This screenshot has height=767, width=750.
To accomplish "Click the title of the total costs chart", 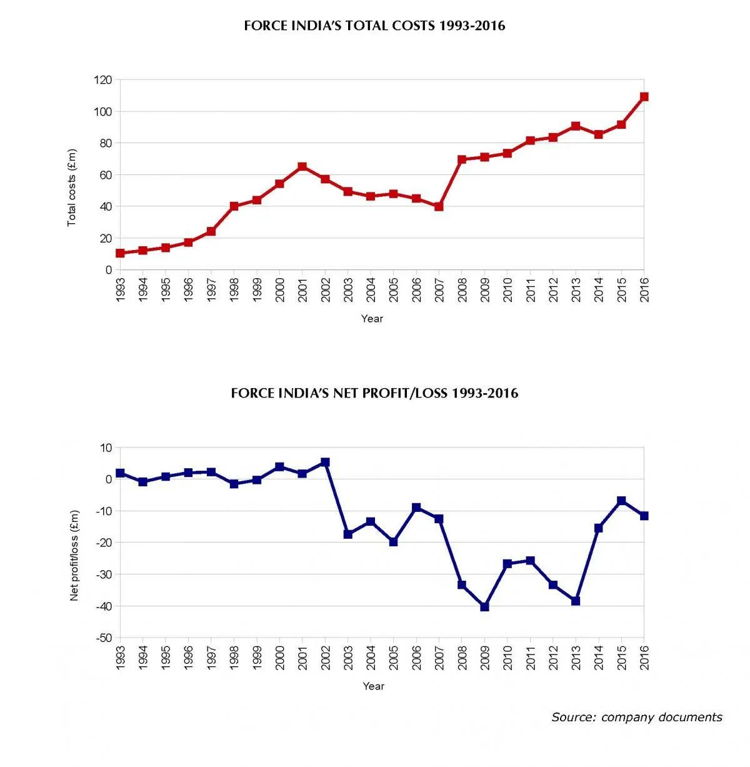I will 374,26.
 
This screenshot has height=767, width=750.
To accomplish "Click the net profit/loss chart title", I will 374,393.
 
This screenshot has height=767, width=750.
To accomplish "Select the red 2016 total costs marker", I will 644,97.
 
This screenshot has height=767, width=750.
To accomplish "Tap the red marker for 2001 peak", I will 302,167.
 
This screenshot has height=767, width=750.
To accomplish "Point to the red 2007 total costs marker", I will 439,206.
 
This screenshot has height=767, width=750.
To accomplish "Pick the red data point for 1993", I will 120,253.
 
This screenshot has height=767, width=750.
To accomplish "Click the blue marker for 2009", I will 484,607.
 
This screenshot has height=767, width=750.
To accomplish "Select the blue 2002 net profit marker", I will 325,463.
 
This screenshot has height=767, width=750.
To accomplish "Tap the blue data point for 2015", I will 621,501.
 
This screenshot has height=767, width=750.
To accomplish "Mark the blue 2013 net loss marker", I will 576,601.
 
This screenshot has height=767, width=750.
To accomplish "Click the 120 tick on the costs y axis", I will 103,80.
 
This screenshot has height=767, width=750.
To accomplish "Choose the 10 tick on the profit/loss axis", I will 106,448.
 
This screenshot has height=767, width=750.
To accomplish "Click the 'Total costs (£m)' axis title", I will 72,188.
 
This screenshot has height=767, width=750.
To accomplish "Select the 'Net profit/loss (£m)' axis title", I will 74,556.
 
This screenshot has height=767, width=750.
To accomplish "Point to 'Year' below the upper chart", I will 372,319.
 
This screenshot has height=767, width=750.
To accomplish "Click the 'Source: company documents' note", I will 636,717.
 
